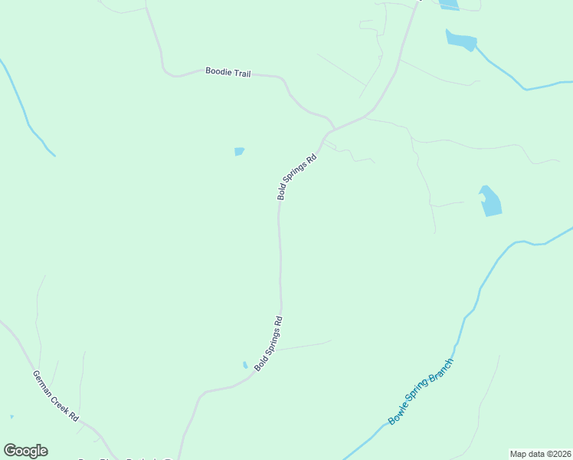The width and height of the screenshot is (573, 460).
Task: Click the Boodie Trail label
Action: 228,72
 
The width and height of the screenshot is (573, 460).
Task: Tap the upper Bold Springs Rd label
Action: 296,177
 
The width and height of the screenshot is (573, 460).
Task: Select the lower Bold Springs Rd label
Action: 269,343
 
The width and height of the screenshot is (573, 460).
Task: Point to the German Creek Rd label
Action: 55,396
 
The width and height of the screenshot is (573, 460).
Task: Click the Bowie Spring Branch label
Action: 421,391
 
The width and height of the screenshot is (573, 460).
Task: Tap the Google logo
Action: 25,451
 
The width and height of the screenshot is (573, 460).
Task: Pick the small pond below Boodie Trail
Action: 239,152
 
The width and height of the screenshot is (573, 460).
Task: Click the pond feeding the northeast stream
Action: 461,39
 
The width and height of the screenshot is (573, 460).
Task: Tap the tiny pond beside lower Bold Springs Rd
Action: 245,365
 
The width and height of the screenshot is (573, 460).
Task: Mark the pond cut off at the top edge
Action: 450,5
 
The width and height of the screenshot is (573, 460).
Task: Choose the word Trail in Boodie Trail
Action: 240,73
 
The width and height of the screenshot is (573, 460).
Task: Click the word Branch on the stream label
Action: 444,369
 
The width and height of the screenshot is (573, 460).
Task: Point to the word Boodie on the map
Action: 216,71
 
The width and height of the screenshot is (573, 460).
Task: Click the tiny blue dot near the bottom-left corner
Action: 11,416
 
